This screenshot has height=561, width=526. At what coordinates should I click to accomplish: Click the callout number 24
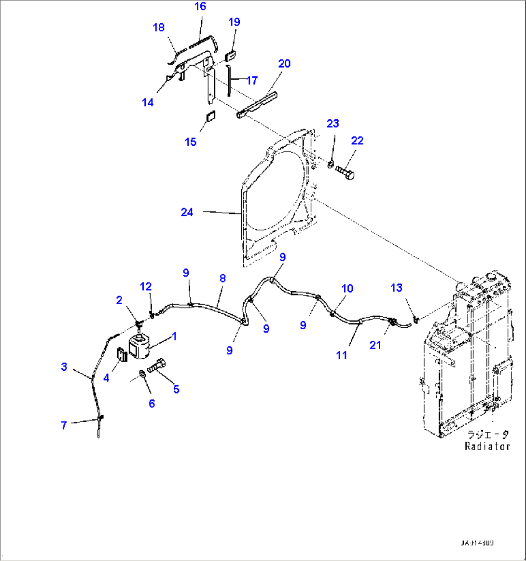187,212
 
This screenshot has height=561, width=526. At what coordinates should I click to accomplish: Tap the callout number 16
200,6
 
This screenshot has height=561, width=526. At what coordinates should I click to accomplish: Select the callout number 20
284,64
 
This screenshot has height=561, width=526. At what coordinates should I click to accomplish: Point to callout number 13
396,288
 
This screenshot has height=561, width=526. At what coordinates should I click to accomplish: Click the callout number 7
64,425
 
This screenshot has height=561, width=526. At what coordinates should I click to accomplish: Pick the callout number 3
64,367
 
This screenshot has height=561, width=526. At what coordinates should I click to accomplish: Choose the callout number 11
342,355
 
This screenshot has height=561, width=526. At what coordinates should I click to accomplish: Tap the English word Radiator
487,446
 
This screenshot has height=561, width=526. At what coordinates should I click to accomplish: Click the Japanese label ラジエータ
488,435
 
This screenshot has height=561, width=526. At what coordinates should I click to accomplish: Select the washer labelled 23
330,166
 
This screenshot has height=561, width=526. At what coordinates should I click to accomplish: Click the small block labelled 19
231,54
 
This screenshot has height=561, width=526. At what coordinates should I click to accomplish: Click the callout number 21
375,345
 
